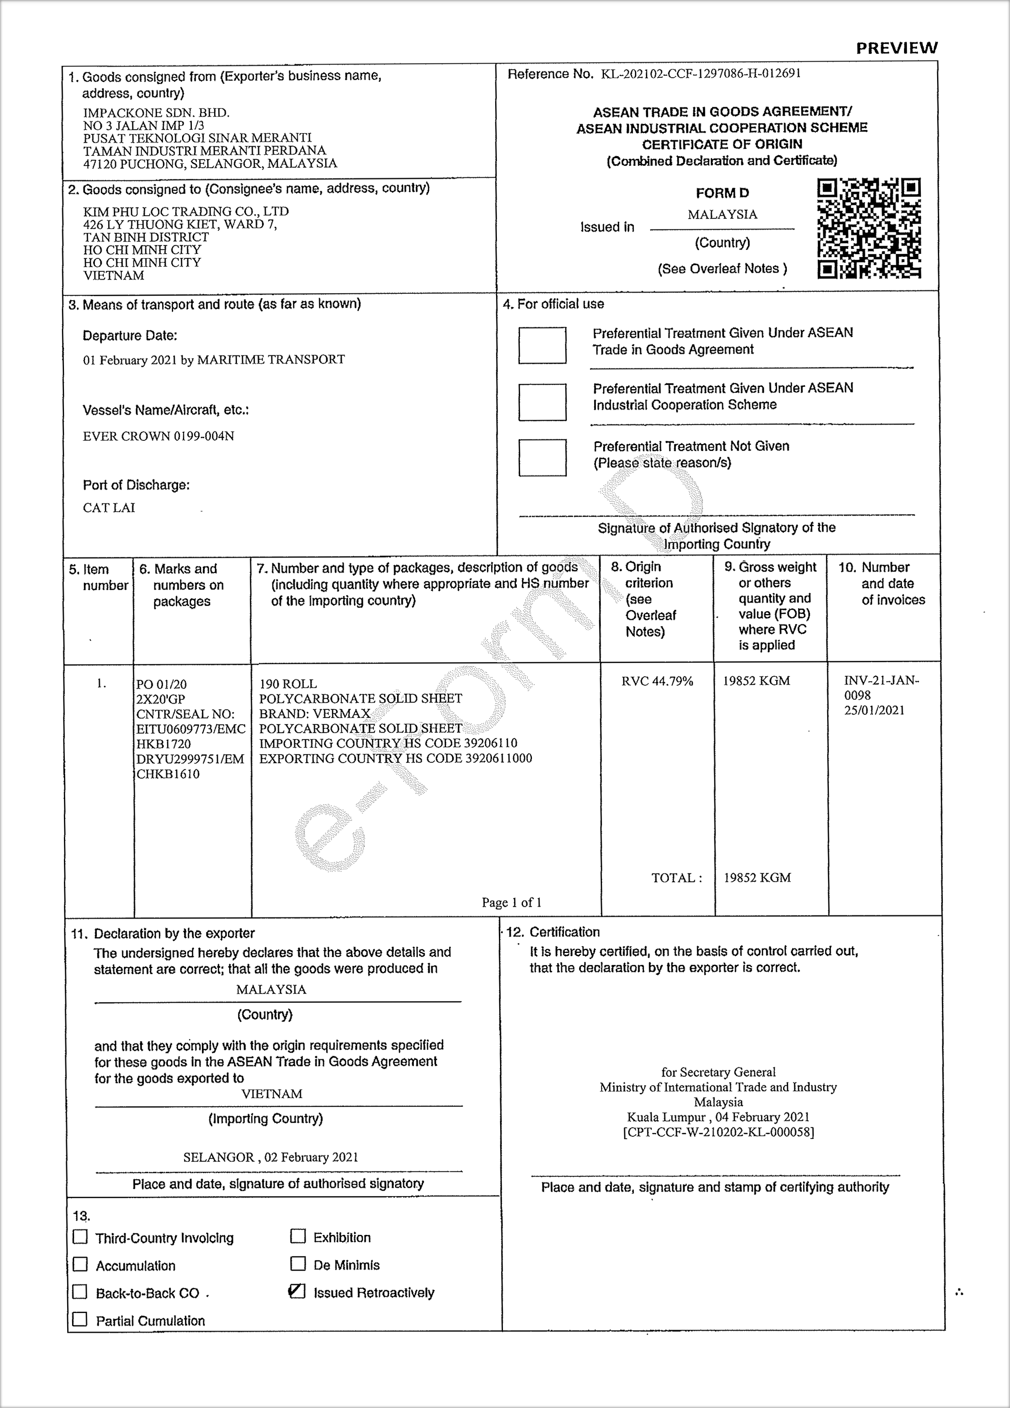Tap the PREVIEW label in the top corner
896,48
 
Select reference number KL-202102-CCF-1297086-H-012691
700,73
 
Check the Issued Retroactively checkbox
297,1291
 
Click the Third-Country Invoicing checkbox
80,1236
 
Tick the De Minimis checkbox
298,1263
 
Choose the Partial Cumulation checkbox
80,1319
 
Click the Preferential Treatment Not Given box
542,458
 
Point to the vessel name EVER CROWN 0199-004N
158,436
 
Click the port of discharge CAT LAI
109,507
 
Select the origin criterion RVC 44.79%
657,681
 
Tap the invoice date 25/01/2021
874,710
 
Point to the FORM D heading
722,193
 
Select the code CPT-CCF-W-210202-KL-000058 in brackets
718,1132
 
